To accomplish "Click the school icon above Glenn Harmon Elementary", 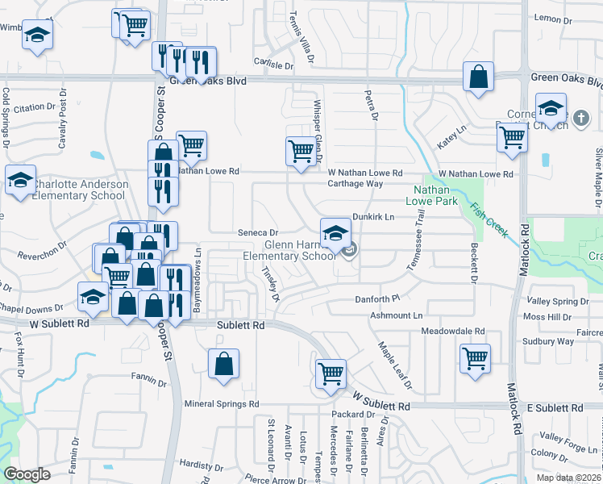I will [x=335, y=234].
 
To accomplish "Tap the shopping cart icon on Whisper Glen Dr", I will [x=301, y=151].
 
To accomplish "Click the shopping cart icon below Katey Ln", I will [x=513, y=138].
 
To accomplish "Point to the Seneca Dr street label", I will [x=258, y=232].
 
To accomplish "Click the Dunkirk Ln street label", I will [x=372, y=217].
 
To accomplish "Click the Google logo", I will [x=27, y=474].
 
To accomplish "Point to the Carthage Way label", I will [x=355, y=184].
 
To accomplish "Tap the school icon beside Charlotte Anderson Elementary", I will [x=20, y=180].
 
